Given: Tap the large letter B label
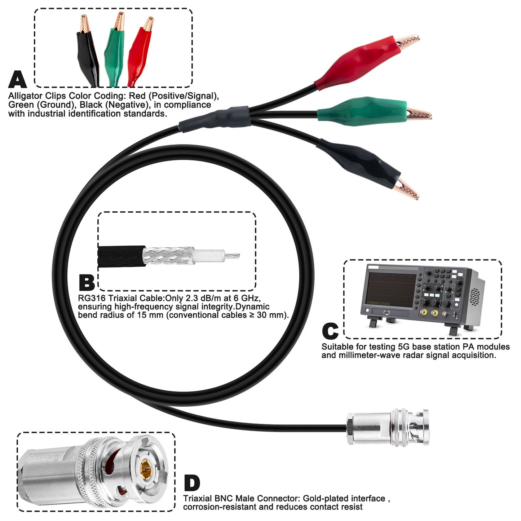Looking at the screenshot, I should point(87,283).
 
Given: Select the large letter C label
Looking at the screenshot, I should point(330,331).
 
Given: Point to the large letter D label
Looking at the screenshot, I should point(192,483).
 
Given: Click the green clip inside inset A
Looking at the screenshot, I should point(114,50).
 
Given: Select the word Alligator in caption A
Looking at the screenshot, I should point(25,96).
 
